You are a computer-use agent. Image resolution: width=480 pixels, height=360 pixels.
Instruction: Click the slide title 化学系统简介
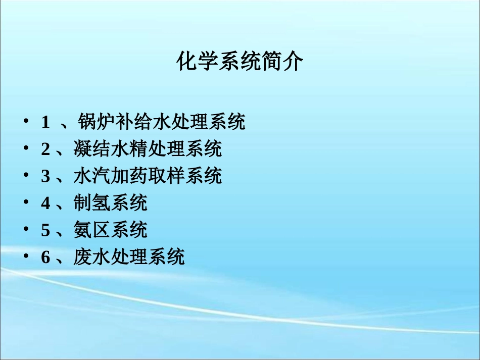click(240, 63)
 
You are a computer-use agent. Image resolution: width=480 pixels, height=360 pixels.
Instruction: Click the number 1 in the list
click(45, 122)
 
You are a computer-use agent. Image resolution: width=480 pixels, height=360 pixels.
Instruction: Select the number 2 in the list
click(45, 149)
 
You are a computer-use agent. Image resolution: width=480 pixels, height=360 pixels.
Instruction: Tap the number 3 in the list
click(45, 177)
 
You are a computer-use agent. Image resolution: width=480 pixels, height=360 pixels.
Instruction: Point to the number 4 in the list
click(45, 204)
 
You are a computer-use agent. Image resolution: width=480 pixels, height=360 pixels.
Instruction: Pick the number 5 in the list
click(45, 231)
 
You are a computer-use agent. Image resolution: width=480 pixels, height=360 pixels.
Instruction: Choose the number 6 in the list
click(45, 258)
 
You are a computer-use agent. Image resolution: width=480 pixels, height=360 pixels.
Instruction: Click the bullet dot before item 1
click(26, 122)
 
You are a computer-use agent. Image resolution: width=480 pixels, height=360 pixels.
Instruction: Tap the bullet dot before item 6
click(26, 258)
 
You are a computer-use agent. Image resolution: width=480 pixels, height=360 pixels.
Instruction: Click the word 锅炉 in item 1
click(97, 122)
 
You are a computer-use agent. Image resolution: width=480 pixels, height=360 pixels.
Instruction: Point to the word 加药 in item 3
click(119, 177)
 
